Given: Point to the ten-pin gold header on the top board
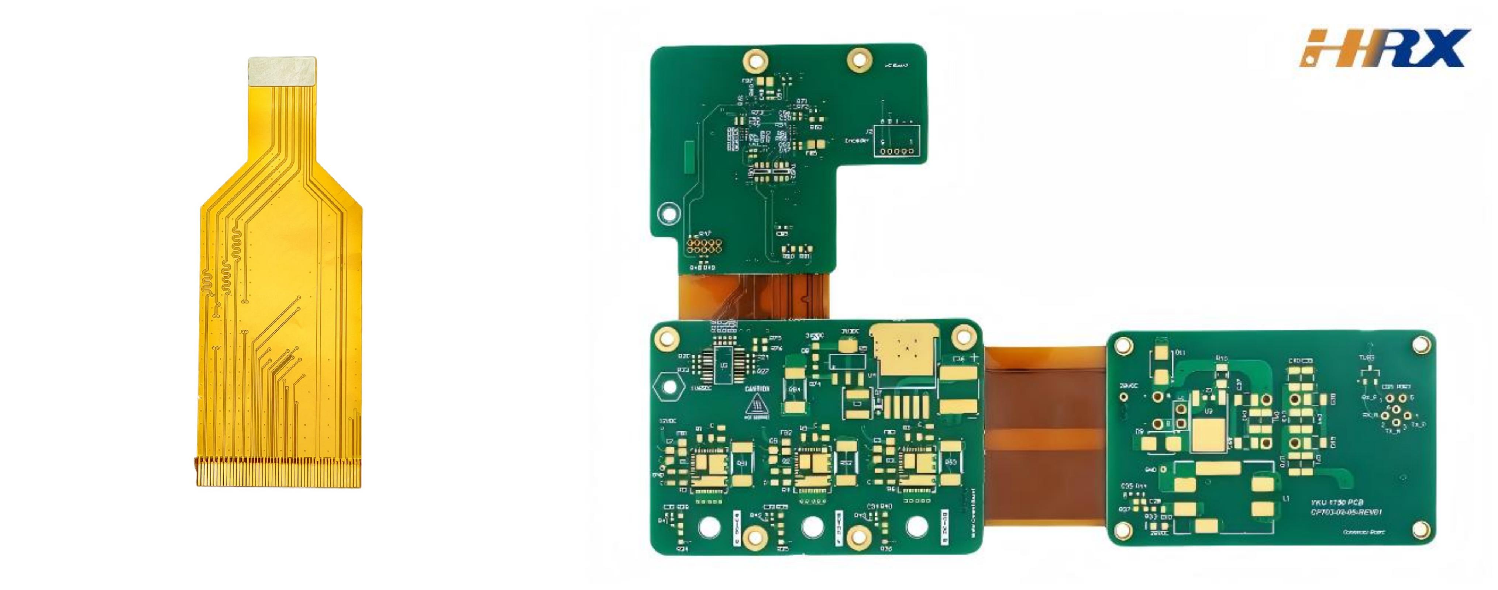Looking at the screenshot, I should pyautogui.click(x=704, y=245).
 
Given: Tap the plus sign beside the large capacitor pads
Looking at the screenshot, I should pyautogui.click(x=974, y=357).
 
